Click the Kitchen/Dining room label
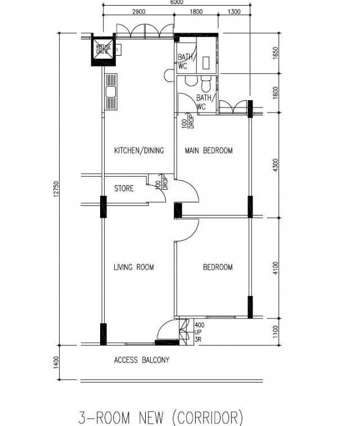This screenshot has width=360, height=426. (x=139, y=150)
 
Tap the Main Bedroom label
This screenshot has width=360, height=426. (x=209, y=150)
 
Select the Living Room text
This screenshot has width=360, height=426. (x=133, y=267)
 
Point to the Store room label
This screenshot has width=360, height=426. (x=124, y=189)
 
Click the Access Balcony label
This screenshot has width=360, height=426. (x=141, y=360)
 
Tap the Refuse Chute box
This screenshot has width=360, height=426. (x=103, y=50)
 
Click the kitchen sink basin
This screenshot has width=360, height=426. (x=111, y=92)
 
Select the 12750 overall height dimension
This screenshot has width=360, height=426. (x=56, y=189)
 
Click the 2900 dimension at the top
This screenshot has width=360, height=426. (x=138, y=12)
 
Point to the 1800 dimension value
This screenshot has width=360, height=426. (x=196, y=12)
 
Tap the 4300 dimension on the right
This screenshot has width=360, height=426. (x=275, y=165)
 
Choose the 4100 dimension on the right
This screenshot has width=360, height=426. (x=275, y=268)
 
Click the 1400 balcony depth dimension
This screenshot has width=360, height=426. (x=56, y=362)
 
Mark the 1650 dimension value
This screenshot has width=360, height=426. (x=275, y=53)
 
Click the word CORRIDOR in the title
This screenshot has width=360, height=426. (x=207, y=418)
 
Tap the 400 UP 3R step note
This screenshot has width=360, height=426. (x=199, y=332)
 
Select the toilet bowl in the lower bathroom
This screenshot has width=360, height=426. (x=206, y=84)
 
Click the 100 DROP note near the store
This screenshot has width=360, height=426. (x=161, y=182)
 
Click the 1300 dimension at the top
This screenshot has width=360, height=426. (x=234, y=12)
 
